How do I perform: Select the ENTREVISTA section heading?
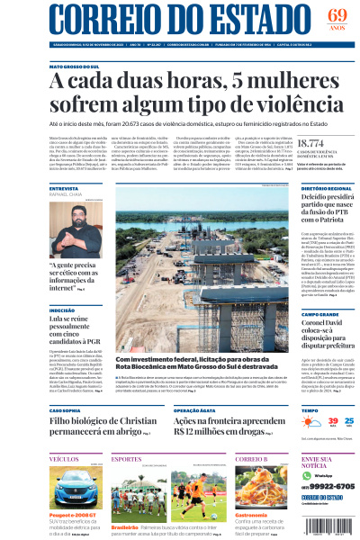(x=64, y=188)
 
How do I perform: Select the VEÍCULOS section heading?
(x=64, y=459)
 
